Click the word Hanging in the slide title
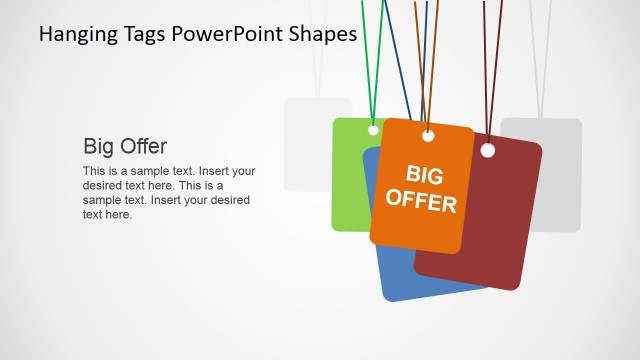[73, 35]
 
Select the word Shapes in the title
[320, 35]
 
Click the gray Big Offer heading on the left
[125, 146]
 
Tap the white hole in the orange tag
[428, 135]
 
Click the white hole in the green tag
[373, 130]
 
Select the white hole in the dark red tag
[488, 151]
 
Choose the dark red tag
[490, 230]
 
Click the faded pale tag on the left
[310, 145]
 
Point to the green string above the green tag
[368, 60]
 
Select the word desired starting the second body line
[102, 185]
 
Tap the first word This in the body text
[93, 171]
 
